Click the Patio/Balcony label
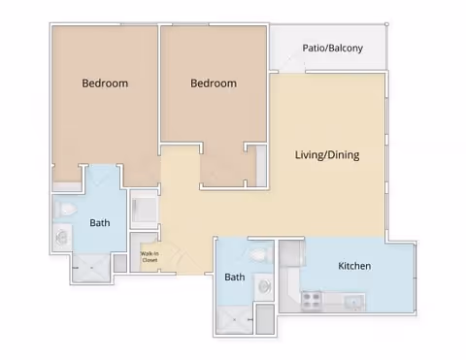tap(332, 48)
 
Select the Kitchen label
tap(354, 266)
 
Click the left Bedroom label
tap(105, 83)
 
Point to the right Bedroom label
tap(213, 83)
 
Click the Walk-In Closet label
tap(150, 257)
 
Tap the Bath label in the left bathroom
tap(100, 223)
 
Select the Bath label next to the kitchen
tap(235, 277)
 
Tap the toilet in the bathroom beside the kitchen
tap(259, 255)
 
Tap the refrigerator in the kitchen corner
tap(291, 255)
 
